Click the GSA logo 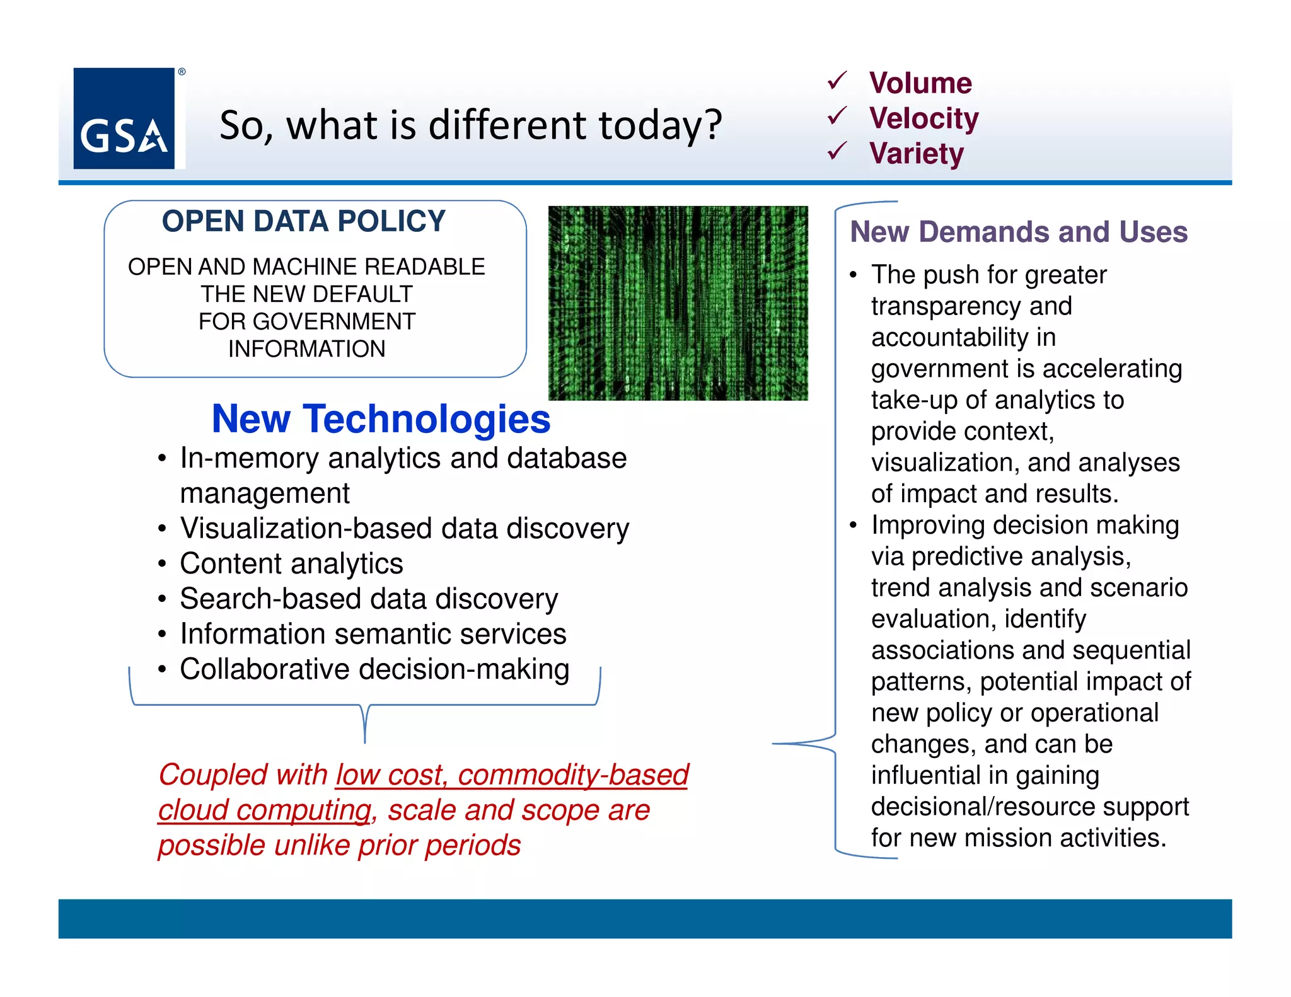124,118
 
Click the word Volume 920,83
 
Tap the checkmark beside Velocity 837,117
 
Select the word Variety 916,154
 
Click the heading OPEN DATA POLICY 303,221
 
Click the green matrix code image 678,303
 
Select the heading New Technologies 381,419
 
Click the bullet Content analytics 291,563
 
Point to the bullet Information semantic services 373,634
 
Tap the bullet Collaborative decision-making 374,669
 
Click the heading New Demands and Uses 1018,232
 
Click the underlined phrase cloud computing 264,810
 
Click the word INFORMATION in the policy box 306,349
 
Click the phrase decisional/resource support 1029,807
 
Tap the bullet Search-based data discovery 369,599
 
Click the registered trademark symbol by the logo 182,72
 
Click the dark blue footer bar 645,918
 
